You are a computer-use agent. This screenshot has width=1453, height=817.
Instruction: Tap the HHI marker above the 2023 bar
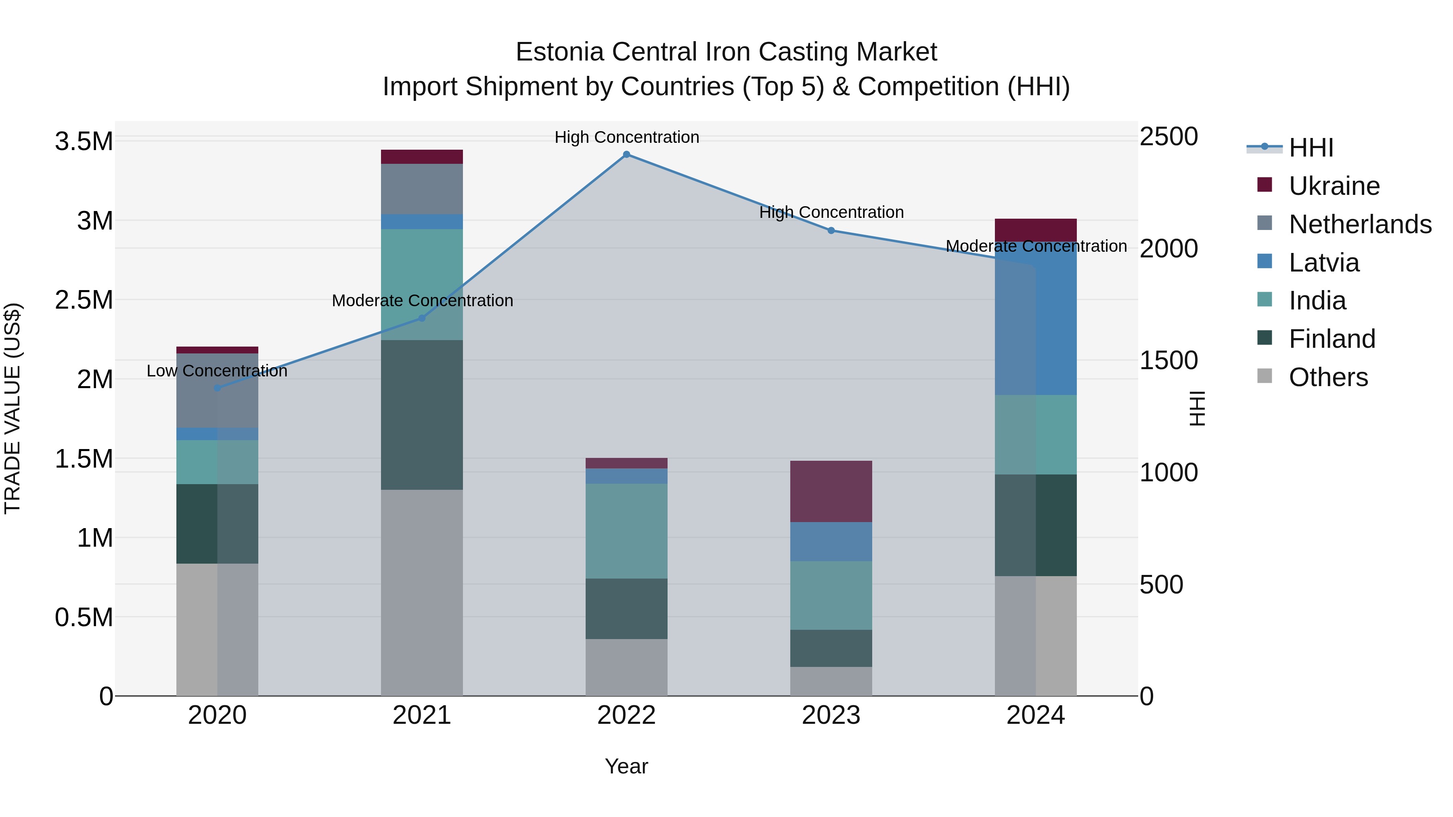click(831, 231)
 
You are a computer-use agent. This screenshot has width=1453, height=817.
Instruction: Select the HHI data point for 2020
click(217, 388)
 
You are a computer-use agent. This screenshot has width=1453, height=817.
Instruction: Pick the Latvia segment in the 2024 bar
click(1036, 319)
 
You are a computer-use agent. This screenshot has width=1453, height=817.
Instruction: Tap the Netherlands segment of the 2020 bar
click(217, 390)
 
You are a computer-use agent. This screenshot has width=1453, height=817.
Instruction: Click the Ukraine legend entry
click(1334, 186)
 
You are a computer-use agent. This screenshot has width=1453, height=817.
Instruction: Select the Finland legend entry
click(1332, 339)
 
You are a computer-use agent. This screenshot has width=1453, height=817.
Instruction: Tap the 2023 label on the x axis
click(831, 715)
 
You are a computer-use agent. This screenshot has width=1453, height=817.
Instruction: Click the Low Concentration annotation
click(217, 371)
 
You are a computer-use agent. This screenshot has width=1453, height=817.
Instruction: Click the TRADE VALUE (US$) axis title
click(13, 408)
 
